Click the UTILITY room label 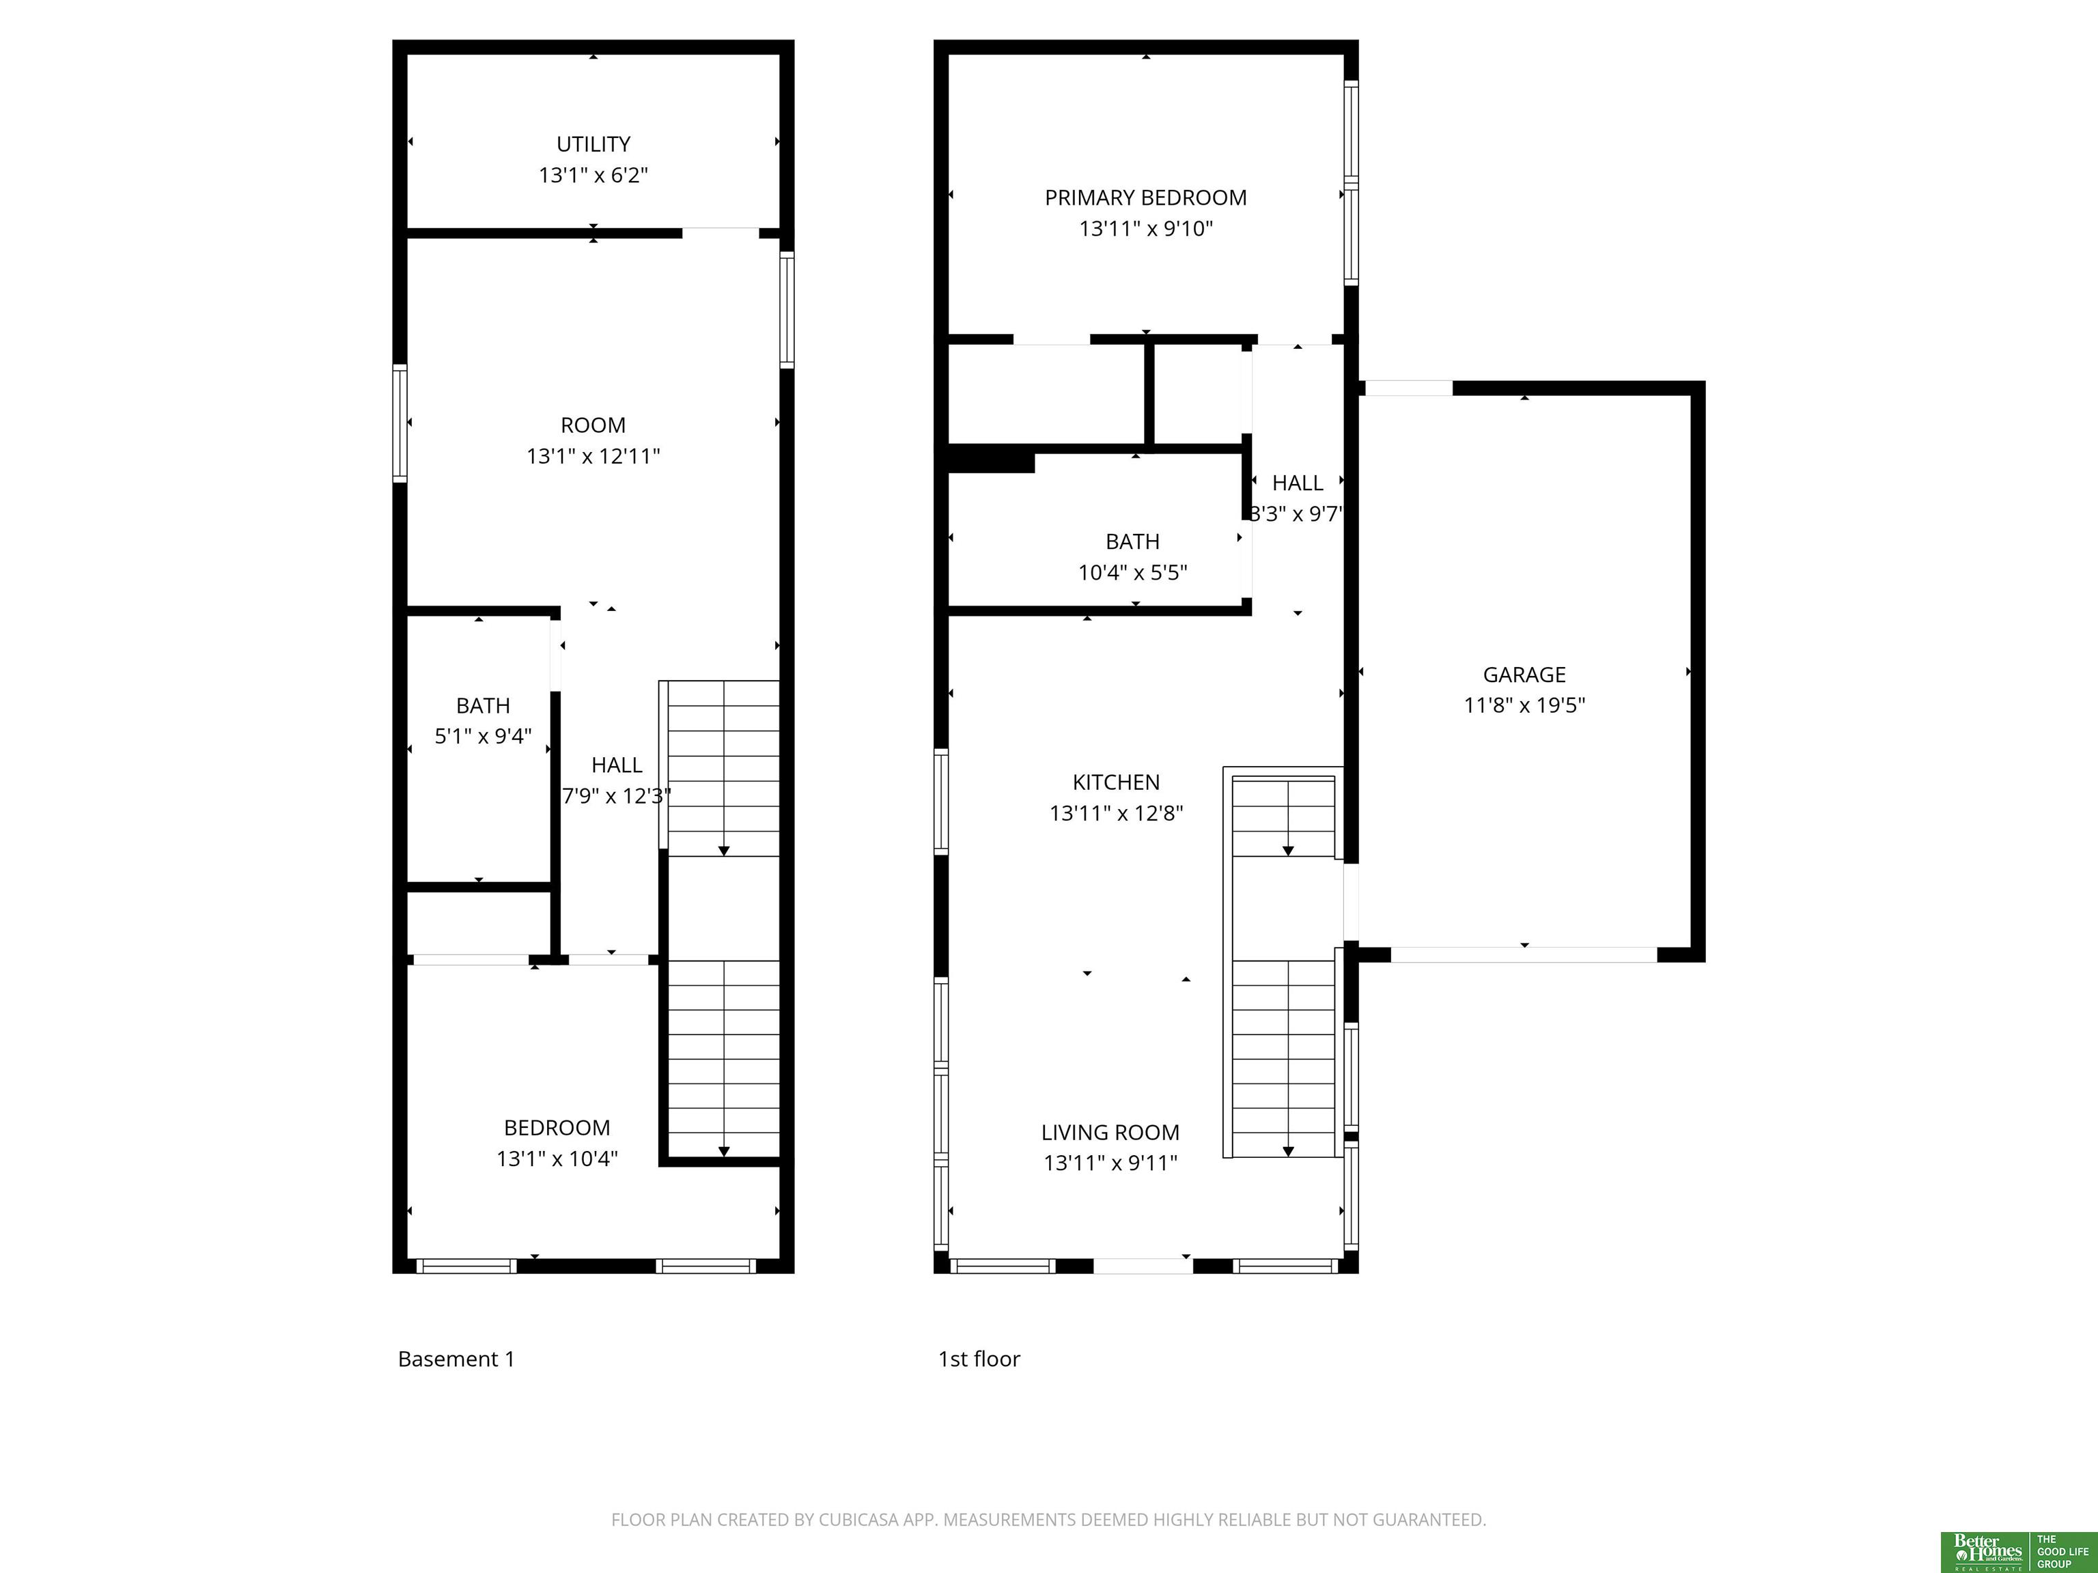click(x=593, y=144)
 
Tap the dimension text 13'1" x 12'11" click(x=593, y=456)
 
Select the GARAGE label click(x=1524, y=675)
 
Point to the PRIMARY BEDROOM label click(x=1146, y=198)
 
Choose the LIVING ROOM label click(x=1110, y=1132)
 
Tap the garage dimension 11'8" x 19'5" click(x=1524, y=705)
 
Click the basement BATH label click(x=483, y=705)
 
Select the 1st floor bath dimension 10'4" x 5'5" click(x=1132, y=573)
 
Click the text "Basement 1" click(x=456, y=1359)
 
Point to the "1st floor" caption click(x=979, y=1359)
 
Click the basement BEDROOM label click(x=557, y=1127)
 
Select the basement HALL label click(x=617, y=765)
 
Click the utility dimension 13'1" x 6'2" click(x=593, y=175)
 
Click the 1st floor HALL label click(x=1298, y=483)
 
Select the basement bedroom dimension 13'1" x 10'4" click(x=557, y=1159)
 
